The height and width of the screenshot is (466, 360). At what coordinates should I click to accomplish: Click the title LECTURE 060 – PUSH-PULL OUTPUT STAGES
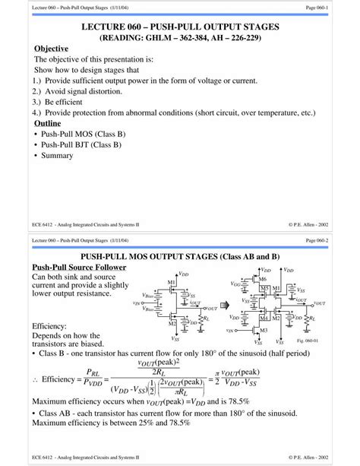(x=180, y=27)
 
